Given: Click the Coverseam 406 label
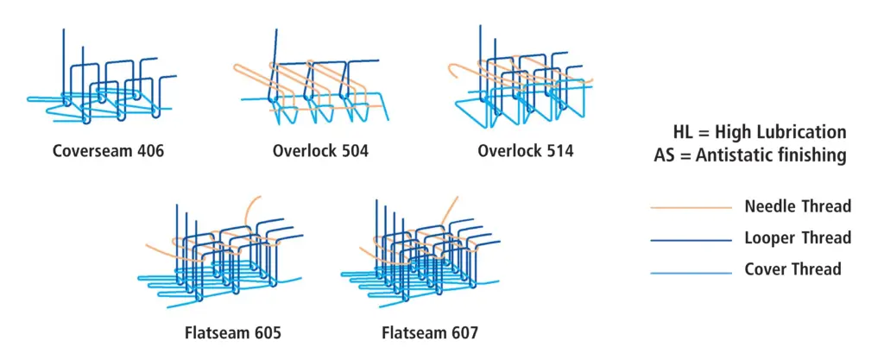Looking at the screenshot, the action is click(108, 151).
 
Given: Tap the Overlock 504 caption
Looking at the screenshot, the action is click(320, 151).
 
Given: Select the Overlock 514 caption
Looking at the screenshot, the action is click(526, 151).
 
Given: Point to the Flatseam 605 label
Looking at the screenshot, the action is click(233, 332).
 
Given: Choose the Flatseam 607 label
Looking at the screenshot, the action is click(430, 332).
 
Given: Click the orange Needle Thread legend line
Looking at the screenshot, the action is click(691, 208).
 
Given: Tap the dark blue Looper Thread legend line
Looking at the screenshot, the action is click(691, 241).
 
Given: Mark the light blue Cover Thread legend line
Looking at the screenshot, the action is click(691, 274).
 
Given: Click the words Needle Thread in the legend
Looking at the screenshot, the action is click(798, 206).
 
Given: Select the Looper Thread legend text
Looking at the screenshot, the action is click(798, 237).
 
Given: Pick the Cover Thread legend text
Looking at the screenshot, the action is click(792, 268).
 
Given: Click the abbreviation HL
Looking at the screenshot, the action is click(684, 132).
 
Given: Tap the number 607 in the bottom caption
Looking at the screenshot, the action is click(463, 332).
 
